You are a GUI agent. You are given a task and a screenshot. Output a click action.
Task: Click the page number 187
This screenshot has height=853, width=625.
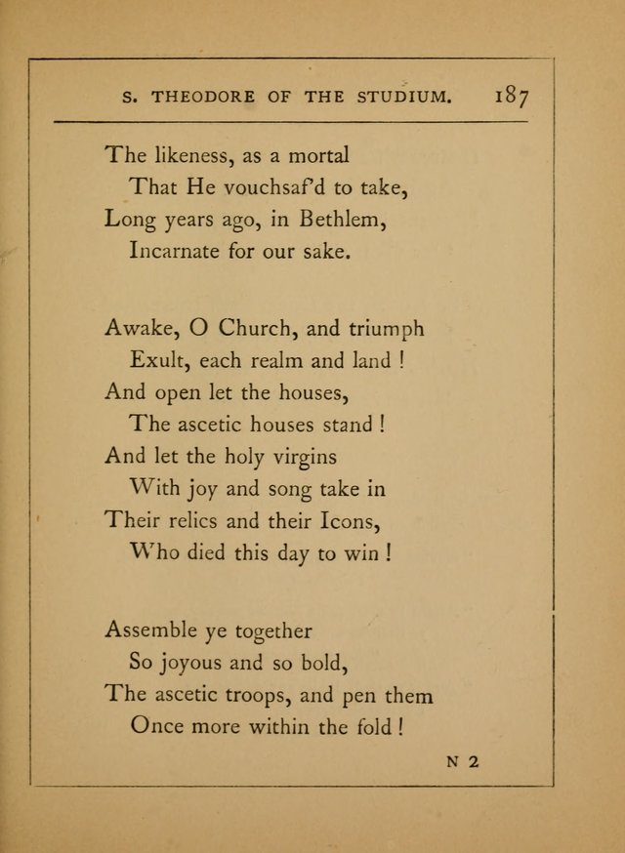click(512, 97)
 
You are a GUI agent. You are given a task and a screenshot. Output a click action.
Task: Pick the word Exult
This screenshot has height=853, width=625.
click(157, 360)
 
